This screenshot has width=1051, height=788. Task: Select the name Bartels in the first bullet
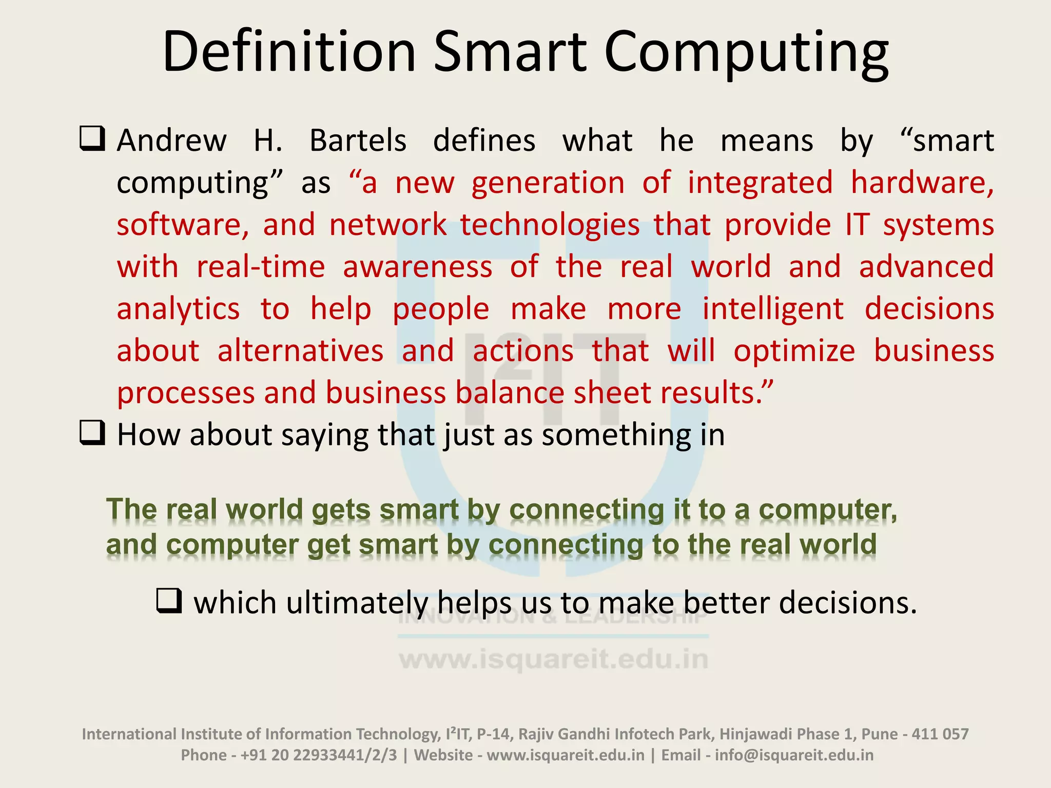coord(358,141)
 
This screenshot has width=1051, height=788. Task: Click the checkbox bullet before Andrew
coord(92,139)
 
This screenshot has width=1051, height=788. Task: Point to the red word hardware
coord(922,183)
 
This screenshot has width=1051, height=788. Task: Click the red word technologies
coord(550,225)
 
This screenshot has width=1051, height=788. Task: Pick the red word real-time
coord(261,267)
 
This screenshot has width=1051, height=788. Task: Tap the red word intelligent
coord(772,309)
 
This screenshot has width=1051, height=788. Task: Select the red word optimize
coord(794,351)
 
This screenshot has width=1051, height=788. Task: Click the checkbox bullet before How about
coord(92,434)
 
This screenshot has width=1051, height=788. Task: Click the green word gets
coord(341,510)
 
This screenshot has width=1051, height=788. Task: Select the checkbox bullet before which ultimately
coord(169,601)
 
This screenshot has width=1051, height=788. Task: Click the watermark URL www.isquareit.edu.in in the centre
coord(554,660)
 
